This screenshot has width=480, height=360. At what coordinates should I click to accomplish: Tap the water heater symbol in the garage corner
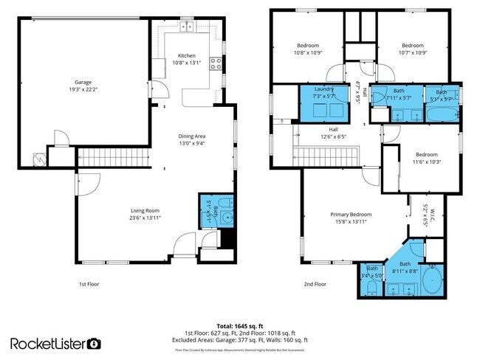(x=38, y=157)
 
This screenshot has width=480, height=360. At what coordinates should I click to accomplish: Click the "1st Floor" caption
(x=89, y=284)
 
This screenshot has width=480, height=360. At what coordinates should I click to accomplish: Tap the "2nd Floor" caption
(x=315, y=284)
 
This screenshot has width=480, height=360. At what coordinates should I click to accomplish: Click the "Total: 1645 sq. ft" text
(x=240, y=325)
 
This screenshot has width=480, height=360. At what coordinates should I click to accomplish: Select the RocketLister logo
(x=55, y=343)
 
